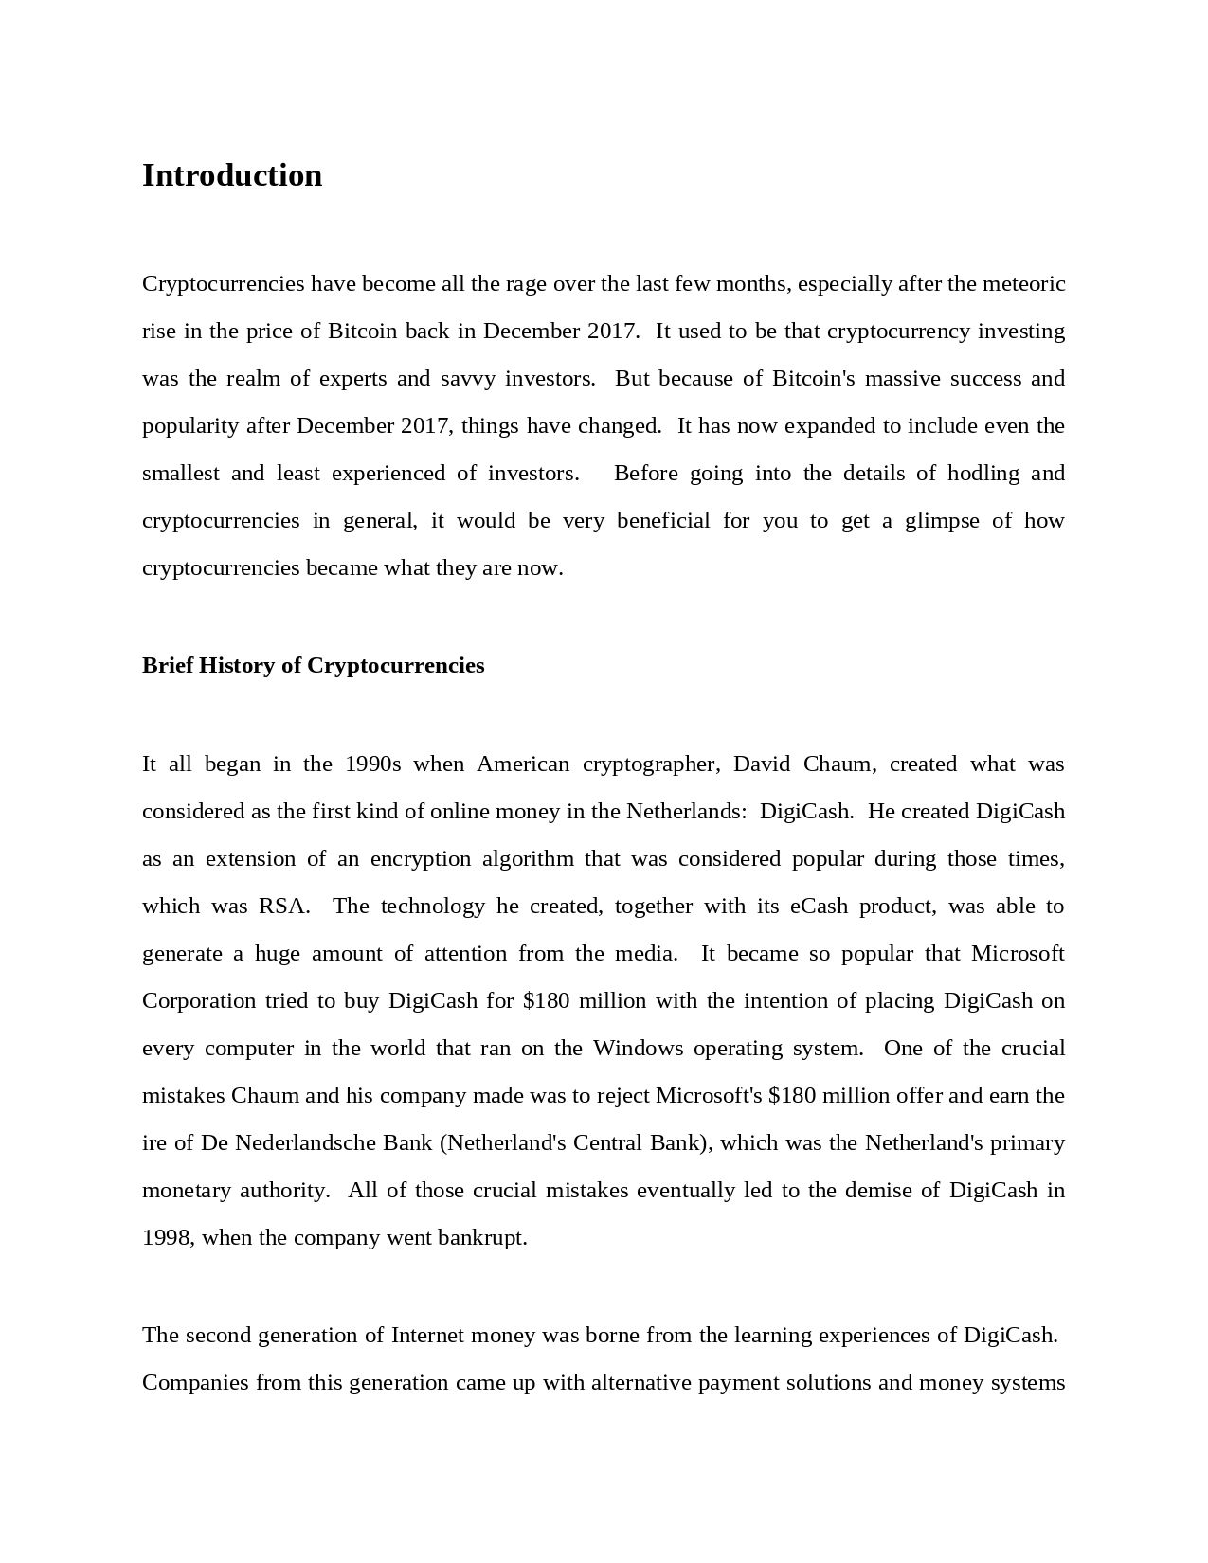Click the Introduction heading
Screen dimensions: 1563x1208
[232, 176]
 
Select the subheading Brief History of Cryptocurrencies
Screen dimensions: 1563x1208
[313, 666]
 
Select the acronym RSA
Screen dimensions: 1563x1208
[283, 907]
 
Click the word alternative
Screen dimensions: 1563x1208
[641, 1383]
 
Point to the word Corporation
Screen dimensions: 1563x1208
[199, 1001]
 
